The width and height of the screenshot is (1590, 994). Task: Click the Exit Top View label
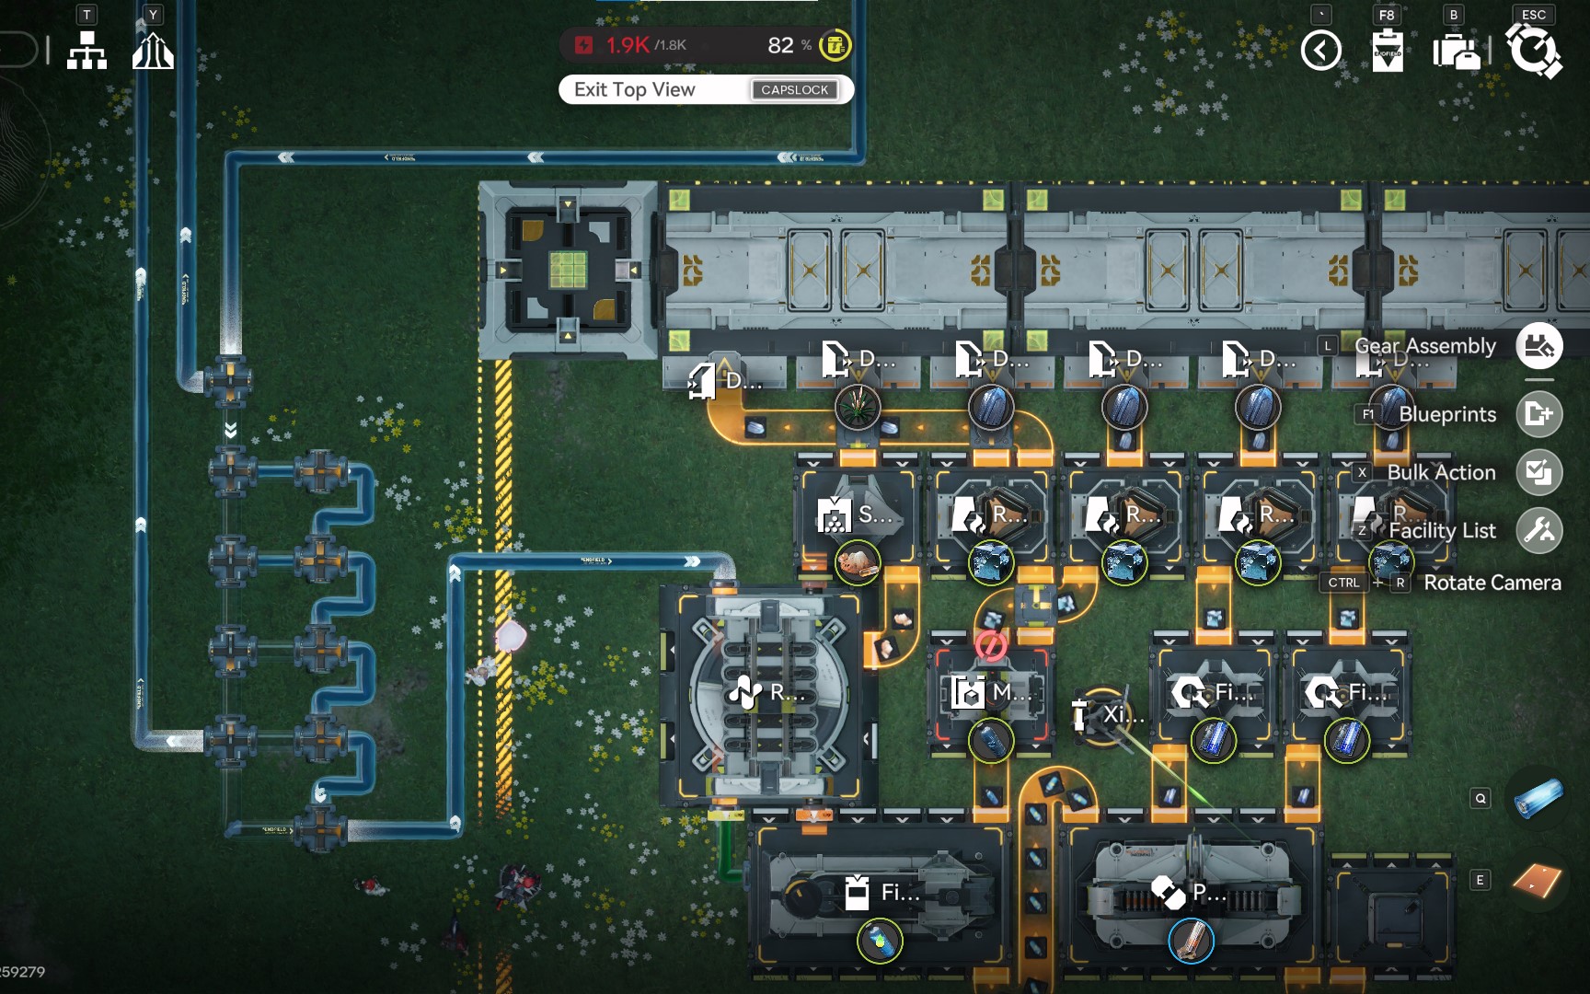[x=634, y=89]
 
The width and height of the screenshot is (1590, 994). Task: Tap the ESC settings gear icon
[x=1533, y=50]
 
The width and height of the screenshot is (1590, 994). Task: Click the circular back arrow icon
[x=1320, y=51]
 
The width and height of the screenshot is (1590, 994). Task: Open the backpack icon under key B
[x=1456, y=51]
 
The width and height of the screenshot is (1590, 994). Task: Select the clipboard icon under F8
[x=1387, y=51]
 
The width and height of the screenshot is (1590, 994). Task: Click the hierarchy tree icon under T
[x=86, y=51]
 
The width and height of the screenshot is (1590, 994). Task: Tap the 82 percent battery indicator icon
[x=835, y=45]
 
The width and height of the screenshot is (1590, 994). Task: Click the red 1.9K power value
[x=628, y=45]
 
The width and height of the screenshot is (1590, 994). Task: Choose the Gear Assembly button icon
[x=1538, y=346]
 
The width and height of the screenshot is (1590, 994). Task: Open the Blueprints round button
[x=1538, y=414]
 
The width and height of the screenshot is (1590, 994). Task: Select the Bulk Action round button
[x=1538, y=472]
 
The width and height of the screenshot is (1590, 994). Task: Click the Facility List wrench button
[x=1538, y=530]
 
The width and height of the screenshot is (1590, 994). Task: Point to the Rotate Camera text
[x=1492, y=583]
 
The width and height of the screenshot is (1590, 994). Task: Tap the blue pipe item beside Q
[x=1537, y=798]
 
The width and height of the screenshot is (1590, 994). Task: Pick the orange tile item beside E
[x=1537, y=880]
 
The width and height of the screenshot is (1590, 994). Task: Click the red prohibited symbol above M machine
[x=990, y=645]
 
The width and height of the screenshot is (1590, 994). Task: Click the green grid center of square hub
[x=568, y=270]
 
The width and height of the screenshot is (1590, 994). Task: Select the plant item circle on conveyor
[x=858, y=406]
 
